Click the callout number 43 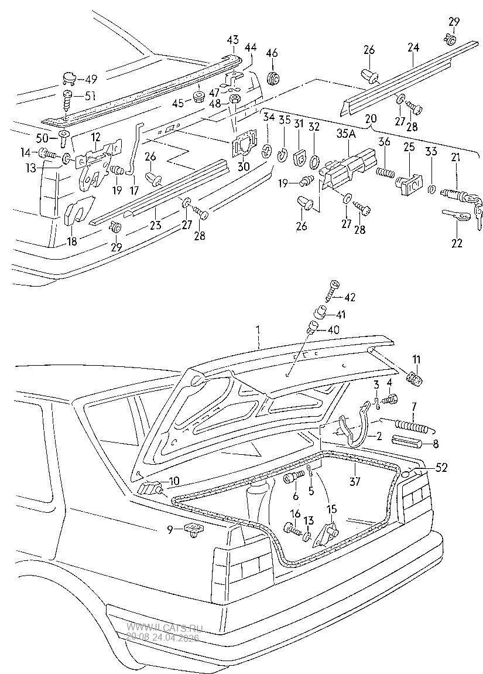click(x=233, y=39)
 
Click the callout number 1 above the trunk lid click(x=257, y=331)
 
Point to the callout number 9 click(x=170, y=530)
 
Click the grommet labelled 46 click(x=272, y=77)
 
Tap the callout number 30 click(x=243, y=166)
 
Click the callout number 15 click(x=332, y=509)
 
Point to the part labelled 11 click(x=416, y=379)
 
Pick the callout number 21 click(x=455, y=156)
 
